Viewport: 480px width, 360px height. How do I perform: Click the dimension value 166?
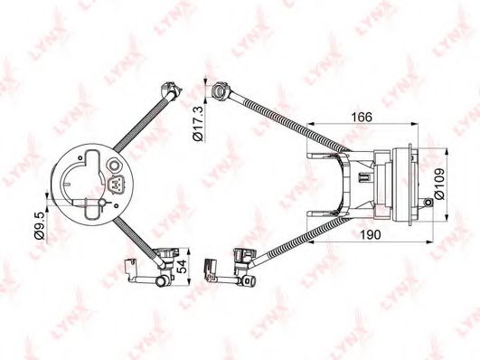(x=362, y=117)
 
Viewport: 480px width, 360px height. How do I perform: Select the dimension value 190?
(x=371, y=234)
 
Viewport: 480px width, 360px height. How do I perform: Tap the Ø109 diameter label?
(x=439, y=184)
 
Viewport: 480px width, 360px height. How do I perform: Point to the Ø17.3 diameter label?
(x=198, y=123)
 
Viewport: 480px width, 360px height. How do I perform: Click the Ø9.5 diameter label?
(x=40, y=225)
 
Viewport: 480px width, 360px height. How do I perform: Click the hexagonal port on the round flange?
(x=114, y=166)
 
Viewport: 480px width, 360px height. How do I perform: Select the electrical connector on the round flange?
(x=117, y=185)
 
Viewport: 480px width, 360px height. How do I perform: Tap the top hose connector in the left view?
(x=171, y=89)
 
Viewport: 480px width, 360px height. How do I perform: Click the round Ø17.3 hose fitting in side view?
(x=221, y=90)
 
